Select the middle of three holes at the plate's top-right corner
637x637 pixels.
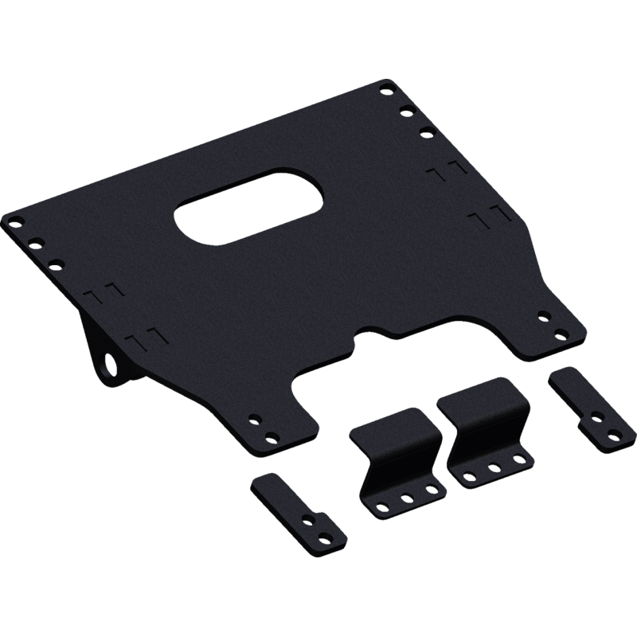coord(406,108)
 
